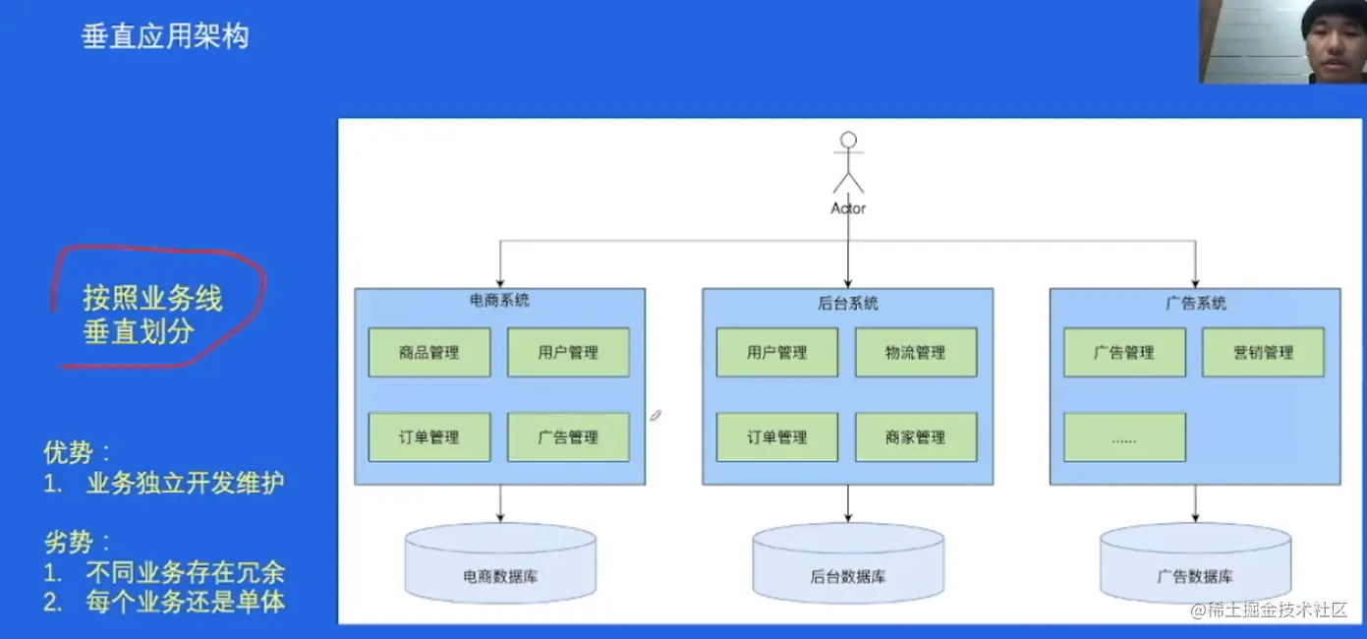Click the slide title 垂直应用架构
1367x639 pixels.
165,37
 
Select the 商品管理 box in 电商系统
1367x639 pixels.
429,352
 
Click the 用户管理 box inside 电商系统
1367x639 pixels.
568,352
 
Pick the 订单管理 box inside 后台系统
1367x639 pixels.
777,437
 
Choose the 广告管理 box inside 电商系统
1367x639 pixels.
568,437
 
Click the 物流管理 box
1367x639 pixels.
916,352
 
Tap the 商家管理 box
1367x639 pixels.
916,437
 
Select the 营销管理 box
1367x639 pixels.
1263,352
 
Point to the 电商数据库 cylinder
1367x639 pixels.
500,564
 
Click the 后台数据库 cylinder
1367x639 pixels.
848,564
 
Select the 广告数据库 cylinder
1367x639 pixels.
1195,564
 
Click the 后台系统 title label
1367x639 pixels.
848,303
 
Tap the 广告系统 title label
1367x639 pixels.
1195,303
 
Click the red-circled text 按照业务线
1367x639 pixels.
152,298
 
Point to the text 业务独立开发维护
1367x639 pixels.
186,484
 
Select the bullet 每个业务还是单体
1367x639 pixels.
186,602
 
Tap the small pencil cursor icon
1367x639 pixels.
655,416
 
